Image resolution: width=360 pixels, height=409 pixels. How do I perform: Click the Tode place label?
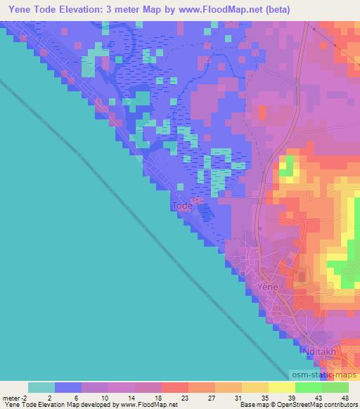[x=181, y=206]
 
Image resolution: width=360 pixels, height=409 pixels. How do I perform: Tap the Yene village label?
[x=269, y=287]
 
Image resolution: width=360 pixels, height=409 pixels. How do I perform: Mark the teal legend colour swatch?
[x=41, y=387]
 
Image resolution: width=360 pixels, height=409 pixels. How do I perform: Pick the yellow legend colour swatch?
[x=281, y=387]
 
